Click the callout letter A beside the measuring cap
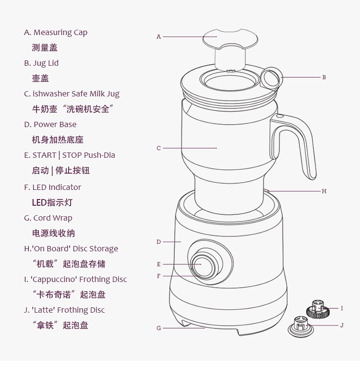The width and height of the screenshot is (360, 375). [x=158, y=36]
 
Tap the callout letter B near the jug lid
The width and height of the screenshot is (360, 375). [x=324, y=77]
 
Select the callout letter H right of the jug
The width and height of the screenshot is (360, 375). [x=324, y=191]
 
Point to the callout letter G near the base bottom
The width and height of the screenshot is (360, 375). [x=159, y=328]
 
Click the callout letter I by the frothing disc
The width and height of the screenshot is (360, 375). [x=342, y=308]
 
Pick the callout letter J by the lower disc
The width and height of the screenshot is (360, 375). [x=342, y=325]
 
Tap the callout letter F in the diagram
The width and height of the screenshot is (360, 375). [x=158, y=276]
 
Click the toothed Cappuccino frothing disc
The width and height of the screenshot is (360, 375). [x=318, y=309]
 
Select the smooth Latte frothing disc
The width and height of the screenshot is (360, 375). [x=300, y=327]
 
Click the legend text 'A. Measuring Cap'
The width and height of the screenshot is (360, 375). [x=56, y=33]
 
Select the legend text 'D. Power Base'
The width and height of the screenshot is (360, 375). [x=50, y=124]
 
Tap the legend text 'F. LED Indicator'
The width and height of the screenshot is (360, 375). [x=53, y=187]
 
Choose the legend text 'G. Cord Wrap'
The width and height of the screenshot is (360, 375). [x=48, y=218]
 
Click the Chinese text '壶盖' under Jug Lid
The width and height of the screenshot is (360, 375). [x=40, y=79]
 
